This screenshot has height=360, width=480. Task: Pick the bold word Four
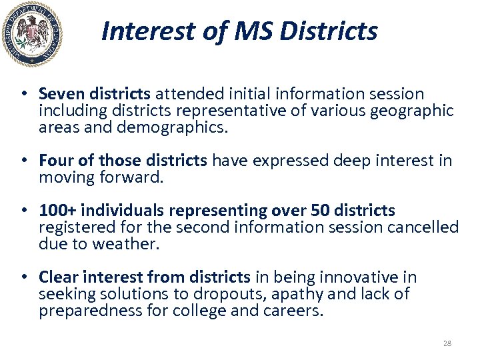click(53, 161)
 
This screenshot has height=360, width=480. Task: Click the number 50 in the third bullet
click(320, 211)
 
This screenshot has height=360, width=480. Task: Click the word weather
click(127, 244)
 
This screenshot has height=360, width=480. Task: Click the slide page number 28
click(447, 343)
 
